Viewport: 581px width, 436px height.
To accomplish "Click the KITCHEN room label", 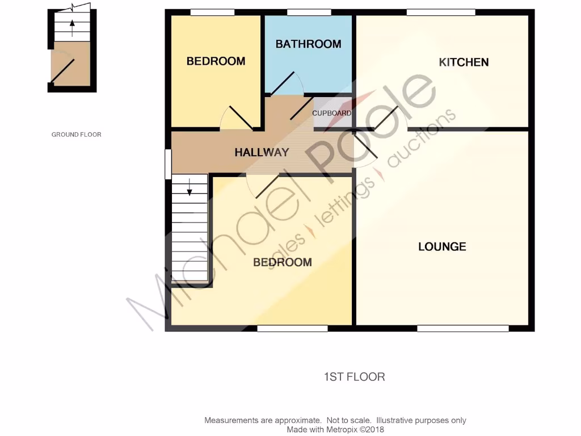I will (x=464, y=62).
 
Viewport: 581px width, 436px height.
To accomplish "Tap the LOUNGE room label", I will (x=442, y=246).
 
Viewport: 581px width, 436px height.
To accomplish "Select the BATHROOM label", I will (x=308, y=44).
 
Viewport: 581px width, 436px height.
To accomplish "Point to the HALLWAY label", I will (x=262, y=152).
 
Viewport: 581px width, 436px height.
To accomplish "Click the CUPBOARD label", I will (x=332, y=113).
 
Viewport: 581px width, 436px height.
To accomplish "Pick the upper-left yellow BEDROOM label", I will (x=216, y=61).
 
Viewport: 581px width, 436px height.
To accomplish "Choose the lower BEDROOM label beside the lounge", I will (x=282, y=262).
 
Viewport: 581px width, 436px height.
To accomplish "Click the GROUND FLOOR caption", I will (x=76, y=135).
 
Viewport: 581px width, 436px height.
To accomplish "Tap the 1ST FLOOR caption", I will (x=354, y=377).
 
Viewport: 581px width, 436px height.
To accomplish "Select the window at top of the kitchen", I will (x=441, y=12).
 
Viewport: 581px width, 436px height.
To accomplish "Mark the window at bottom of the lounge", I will (x=462, y=328).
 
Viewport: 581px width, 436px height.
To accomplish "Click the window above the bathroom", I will (x=309, y=12).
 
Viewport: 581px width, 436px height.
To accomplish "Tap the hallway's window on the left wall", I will (x=168, y=165).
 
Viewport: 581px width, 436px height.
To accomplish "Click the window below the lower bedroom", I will (x=292, y=328).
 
